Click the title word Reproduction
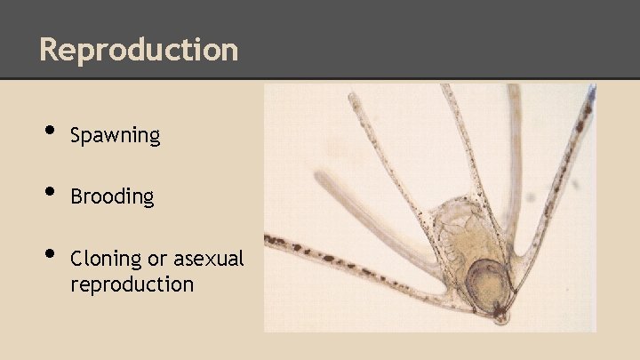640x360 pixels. [139, 49]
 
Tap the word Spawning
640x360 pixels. [115, 136]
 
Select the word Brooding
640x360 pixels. [112, 196]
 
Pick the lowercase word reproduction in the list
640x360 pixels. [132, 284]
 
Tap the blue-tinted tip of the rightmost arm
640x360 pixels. [590, 92]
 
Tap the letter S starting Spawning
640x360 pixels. [76, 136]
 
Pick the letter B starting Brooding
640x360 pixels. [76, 196]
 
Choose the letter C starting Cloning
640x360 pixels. [76, 259]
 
